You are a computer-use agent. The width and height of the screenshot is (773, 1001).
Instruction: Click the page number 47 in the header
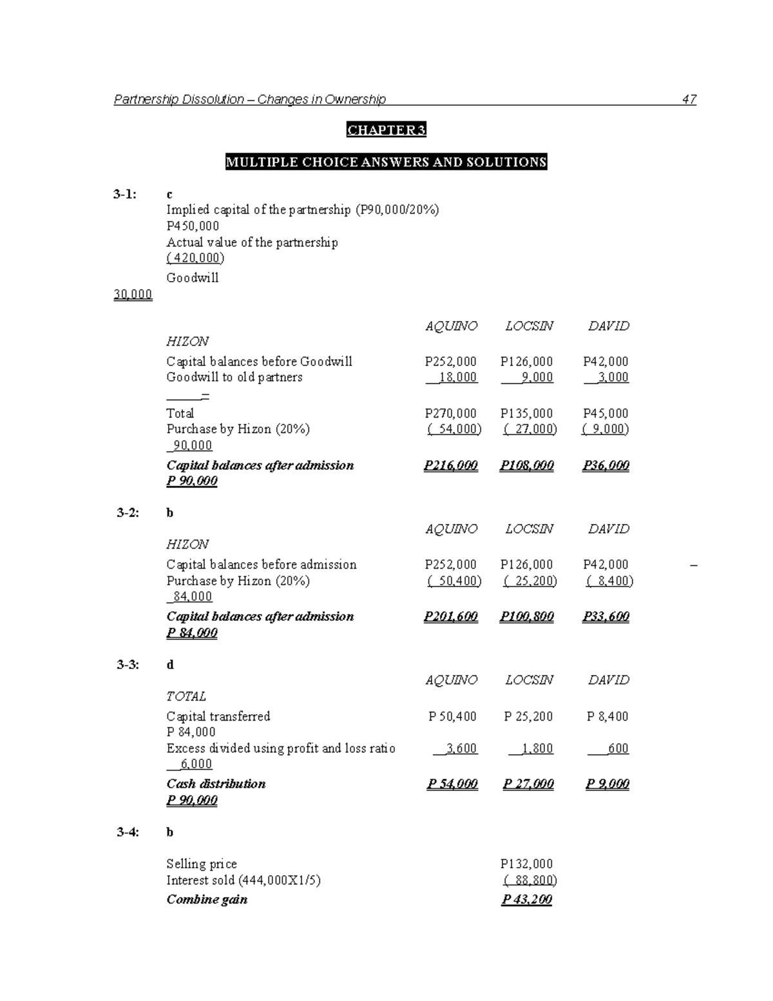[689, 99]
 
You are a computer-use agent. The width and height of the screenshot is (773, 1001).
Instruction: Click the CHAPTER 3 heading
[386, 130]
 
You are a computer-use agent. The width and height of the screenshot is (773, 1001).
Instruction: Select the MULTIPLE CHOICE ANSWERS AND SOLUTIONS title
[386, 162]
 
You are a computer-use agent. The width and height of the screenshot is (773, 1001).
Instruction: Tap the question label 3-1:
[124, 194]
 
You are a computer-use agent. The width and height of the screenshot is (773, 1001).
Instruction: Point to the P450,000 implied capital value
[193, 226]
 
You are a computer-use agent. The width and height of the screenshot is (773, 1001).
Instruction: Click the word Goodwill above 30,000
[192, 278]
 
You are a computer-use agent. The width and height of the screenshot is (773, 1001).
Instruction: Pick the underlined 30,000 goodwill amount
[133, 295]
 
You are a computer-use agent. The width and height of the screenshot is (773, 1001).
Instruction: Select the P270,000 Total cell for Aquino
[450, 413]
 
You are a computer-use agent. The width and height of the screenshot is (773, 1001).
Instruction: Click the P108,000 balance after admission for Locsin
[526, 465]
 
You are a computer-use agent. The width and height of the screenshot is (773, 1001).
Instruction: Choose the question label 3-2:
[128, 513]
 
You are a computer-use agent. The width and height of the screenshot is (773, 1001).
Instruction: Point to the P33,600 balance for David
[606, 617]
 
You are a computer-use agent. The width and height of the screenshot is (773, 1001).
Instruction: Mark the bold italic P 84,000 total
[191, 633]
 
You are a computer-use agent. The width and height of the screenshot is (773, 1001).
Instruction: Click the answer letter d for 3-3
[170, 665]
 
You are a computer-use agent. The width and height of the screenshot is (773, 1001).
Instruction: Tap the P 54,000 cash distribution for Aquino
[452, 784]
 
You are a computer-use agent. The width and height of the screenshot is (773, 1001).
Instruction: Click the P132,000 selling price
[526, 864]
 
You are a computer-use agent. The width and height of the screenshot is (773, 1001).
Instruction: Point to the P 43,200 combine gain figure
[526, 900]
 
